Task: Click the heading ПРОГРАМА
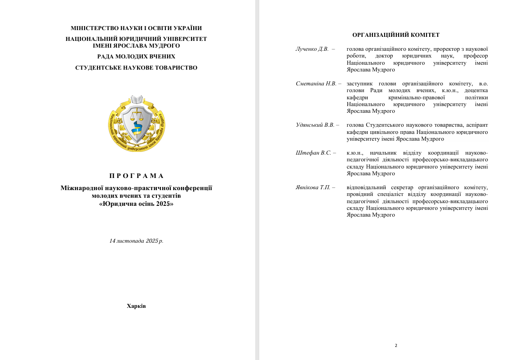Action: click(x=136, y=176)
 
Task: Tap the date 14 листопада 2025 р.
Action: click(x=136, y=241)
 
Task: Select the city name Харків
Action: click(x=136, y=306)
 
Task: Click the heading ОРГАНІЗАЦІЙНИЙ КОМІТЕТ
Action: click(x=395, y=35)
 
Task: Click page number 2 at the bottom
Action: click(x=396, y=346)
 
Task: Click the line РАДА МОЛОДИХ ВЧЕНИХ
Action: click(x=136, y=57)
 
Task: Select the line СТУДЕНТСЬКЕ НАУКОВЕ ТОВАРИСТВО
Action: click(x=136, y=68)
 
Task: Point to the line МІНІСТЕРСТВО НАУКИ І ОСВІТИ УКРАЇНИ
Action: click(x=136, y=28)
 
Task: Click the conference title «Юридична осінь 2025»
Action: click(x=136, y=204)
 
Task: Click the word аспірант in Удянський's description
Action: click(x=476, y=125)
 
